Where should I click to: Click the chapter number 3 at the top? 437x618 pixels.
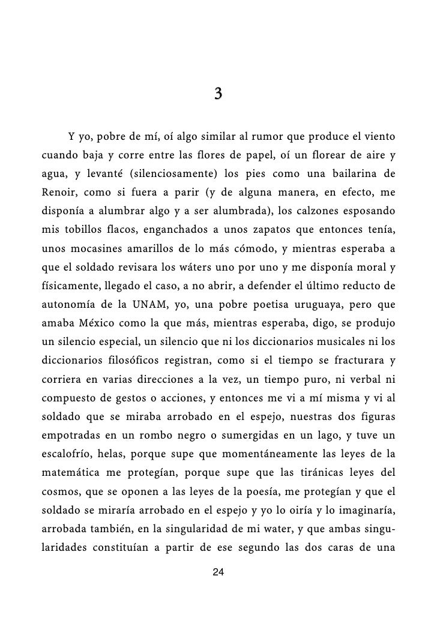click(218, 94)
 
